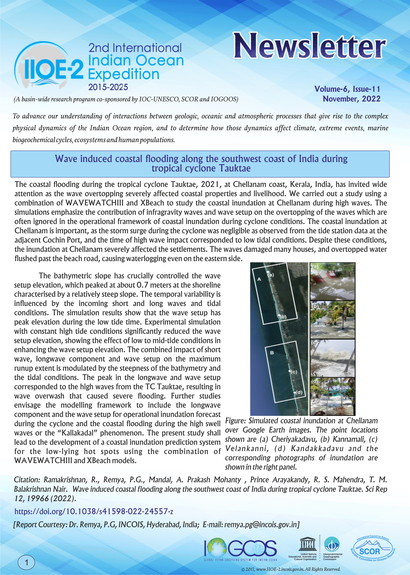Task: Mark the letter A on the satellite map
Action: [259, 279]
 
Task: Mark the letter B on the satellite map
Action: [272, 353]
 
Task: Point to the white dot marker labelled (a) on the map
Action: [267, 272]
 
